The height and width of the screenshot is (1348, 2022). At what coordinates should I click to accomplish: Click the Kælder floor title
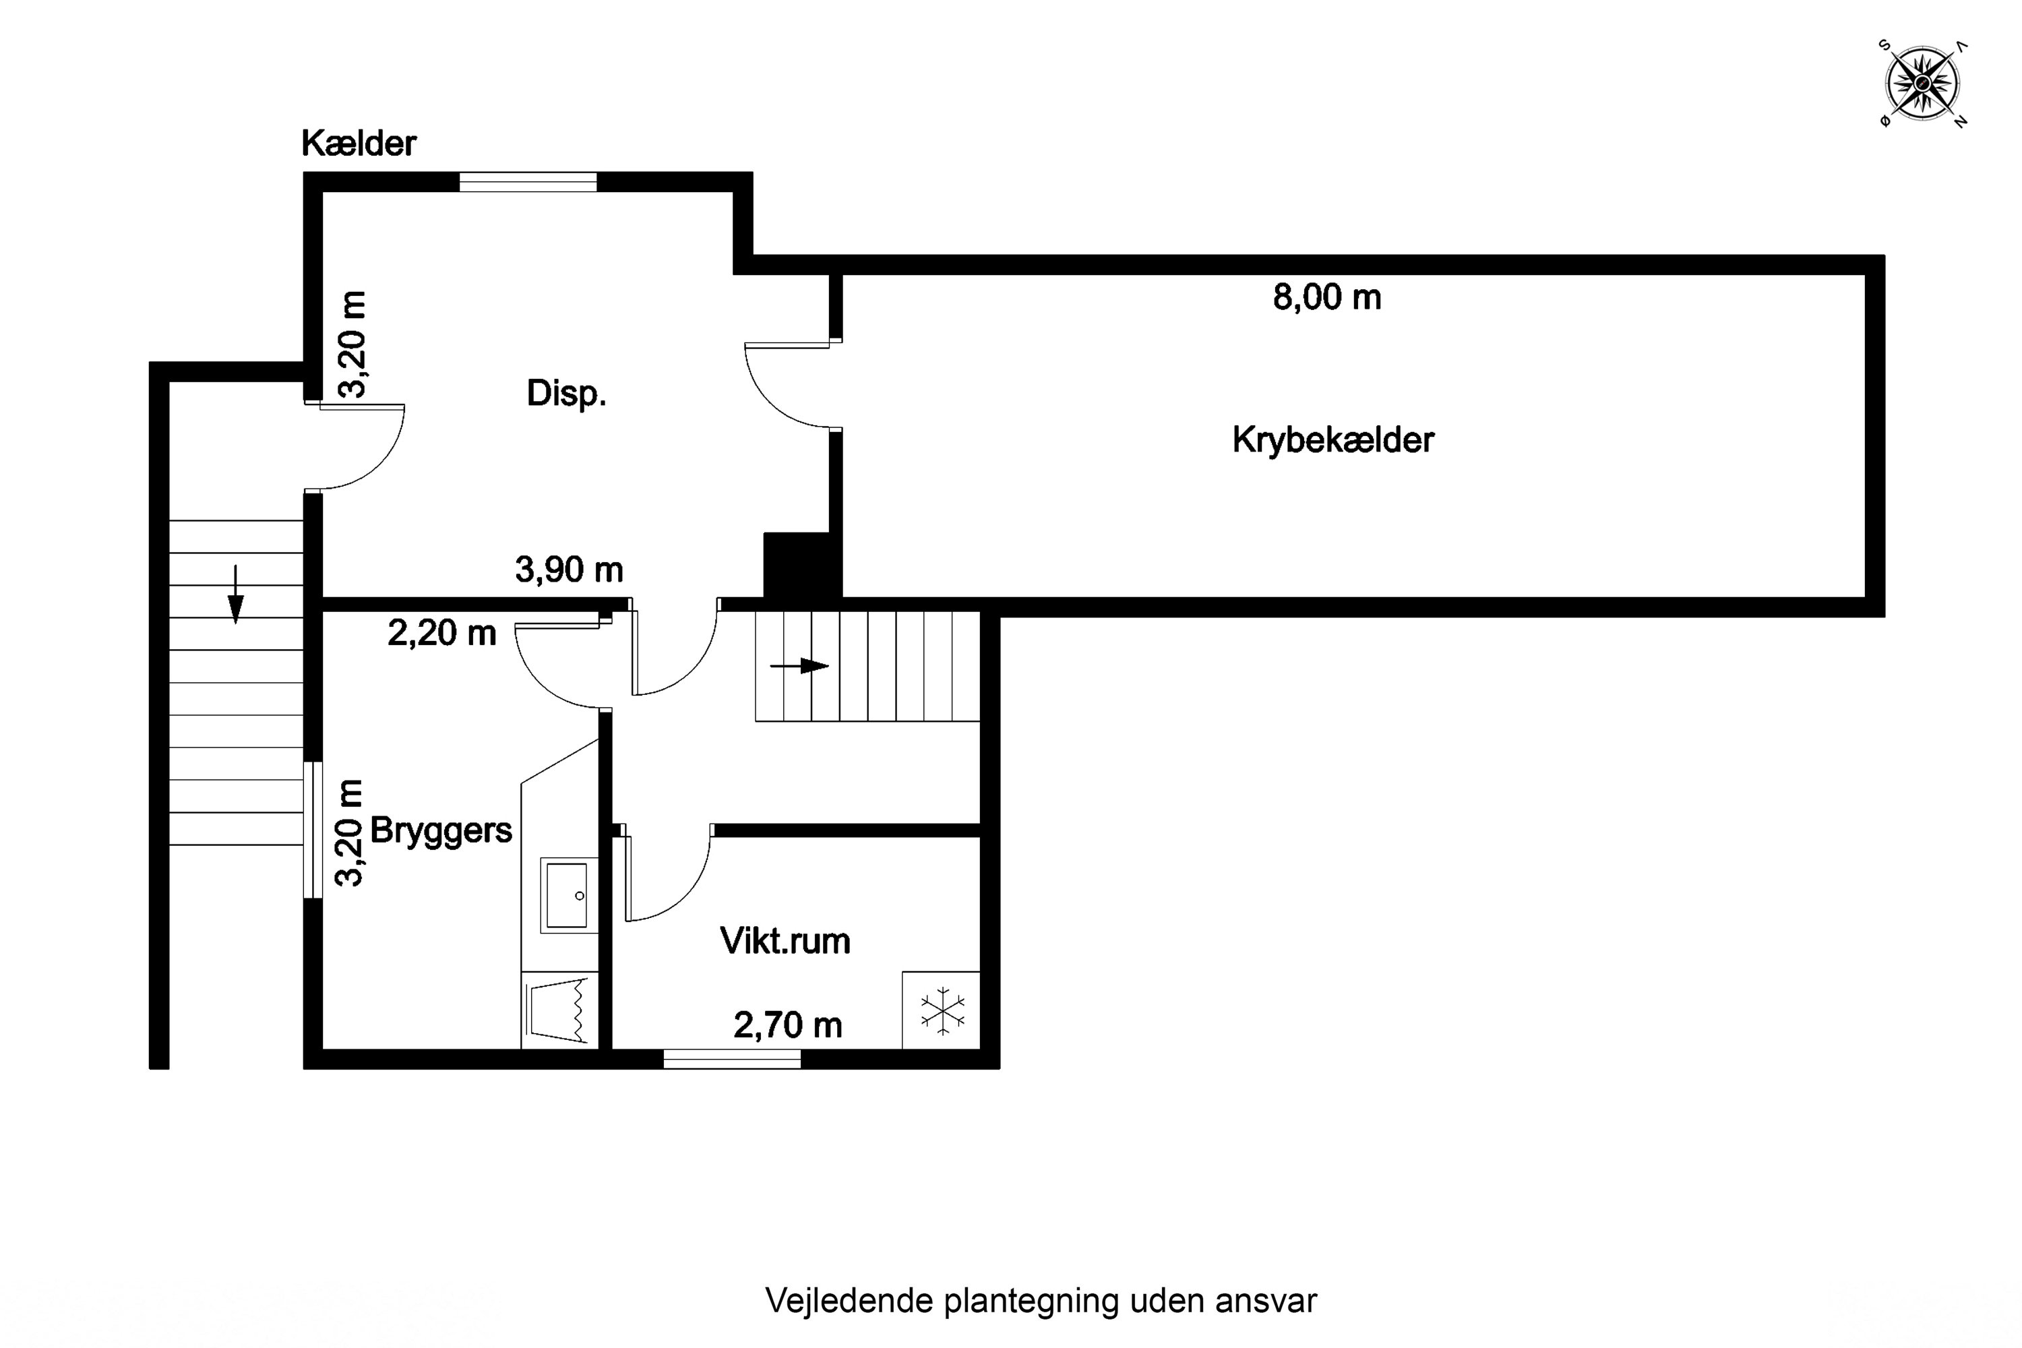click(x=359, y=144)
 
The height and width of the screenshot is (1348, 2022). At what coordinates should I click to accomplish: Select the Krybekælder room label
click(x=1332, y=440)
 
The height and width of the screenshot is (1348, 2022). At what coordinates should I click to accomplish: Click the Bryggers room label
click(x=440, y=830)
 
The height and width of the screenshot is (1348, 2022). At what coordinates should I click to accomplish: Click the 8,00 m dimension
click(x=1326, y=297)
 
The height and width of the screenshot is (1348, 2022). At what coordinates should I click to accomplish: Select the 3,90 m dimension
click(x=568, y=569)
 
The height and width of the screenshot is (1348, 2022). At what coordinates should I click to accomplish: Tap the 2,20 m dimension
click(x=442, y=634)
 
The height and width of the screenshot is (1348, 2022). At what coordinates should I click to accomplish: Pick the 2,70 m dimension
click(x=787, y=1024)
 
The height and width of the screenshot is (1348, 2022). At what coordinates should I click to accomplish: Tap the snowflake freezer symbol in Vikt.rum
click(x=942, y=1010)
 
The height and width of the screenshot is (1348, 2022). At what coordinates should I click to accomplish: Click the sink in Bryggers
click(x=568, y=895)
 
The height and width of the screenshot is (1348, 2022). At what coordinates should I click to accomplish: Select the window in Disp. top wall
click(x=528, y=182)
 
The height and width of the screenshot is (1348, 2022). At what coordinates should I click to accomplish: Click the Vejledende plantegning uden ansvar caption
click(x=1040, y=1301)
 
